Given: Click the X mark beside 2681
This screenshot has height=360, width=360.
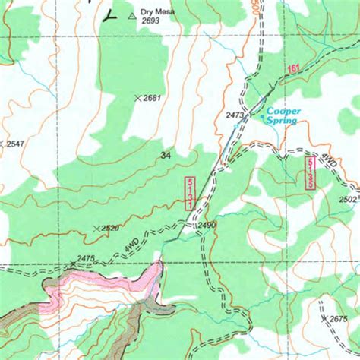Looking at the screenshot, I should click(137, 98).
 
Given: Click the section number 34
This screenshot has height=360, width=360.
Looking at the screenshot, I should click(166, 155).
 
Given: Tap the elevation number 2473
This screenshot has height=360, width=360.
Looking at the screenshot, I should click(236, 115).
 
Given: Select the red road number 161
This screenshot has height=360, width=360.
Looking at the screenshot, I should click(294, 69).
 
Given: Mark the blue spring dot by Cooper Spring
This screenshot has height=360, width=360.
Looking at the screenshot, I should click(265, 118).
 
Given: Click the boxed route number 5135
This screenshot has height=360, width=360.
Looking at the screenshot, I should click(310, 173).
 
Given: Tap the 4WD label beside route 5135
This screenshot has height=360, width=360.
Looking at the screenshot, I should click(329, 160).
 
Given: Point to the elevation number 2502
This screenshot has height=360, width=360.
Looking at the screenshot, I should click(349, 199).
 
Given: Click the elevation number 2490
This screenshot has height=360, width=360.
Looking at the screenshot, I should click(207, 226).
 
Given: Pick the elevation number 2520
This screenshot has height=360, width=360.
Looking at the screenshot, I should click(110, 228).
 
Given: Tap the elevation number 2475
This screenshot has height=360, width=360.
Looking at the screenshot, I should click(85, 259).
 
